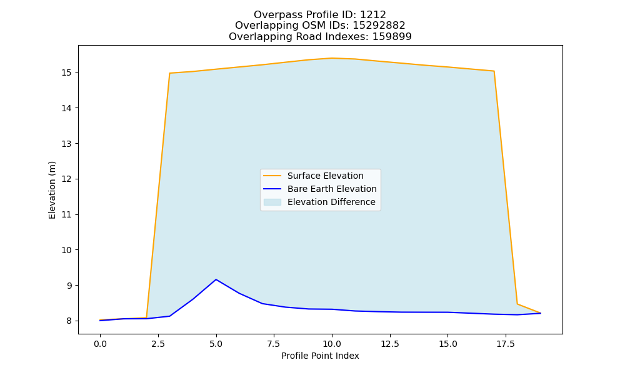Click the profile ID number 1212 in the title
pyautogui.click(x=373, y=15)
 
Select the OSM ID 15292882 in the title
pyautogui.click(x=379, y=26)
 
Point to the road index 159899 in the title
pyautogui.click(x=392, y=37)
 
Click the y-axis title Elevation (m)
pyautogui.click(x=52, y=190)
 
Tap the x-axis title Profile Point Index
pyautogui.click(x=320, y=356)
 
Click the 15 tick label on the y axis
pyautogui.click(x=67, y=73)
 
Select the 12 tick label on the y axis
pyautogui.click(x=67, y=179)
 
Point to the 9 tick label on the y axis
pyautogui.click(x=69, y=286)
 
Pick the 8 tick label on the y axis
pyautogui.click(x=69, y=321)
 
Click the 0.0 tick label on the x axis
pyautogui.click(x=100, y=344)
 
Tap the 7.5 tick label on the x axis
pyautogui.click(x=274, y=344)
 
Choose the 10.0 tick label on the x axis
pyautogui.click(x=332, y=344)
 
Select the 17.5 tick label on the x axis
pyautogui.click(x=506, y=344)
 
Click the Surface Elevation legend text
pyautogui.click(x=325, y=176)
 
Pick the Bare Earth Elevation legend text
pyautogui.click(x=332, y=189)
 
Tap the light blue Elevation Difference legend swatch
pyautogui.click(x=272, y=202)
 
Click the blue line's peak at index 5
pyautogui.click(x=216, y=279)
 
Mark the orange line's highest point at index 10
pyautogui.click(x=332, y=58)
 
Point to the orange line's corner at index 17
pyautogui.click(x=494, y=71)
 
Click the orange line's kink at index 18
pyautogui.click(x=517, y=304)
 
